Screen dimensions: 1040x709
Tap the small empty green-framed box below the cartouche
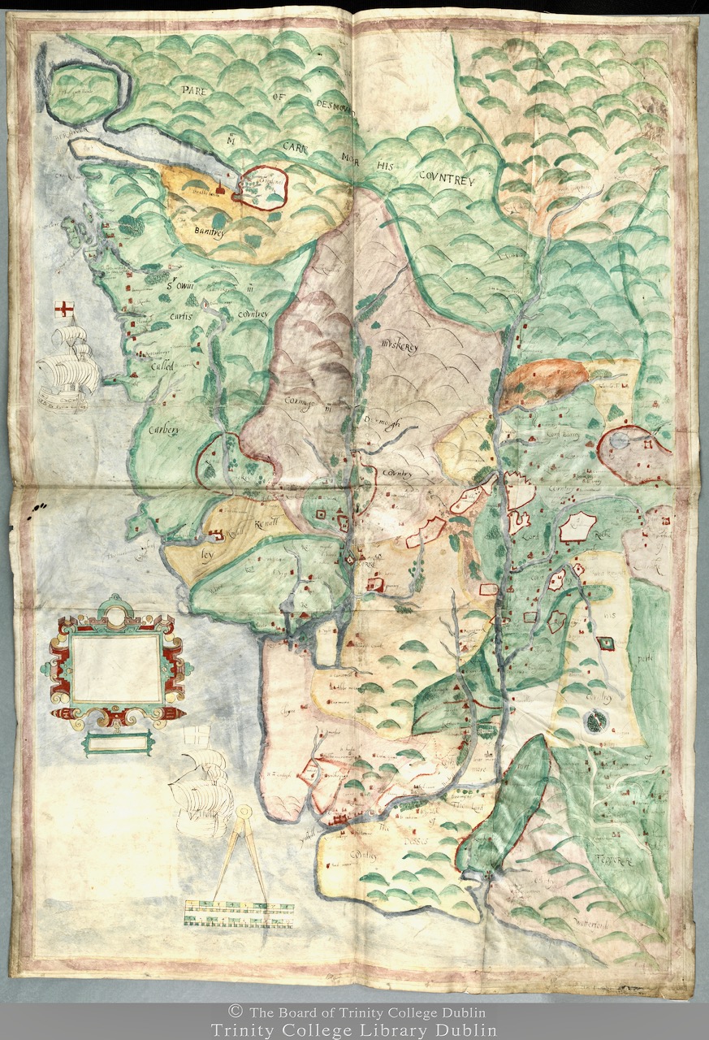[x=116, y=742]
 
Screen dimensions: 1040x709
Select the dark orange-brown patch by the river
[x=543, y=380]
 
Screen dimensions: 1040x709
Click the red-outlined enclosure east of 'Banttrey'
[x=265, y=188]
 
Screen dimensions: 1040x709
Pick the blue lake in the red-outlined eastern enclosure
[x=620, y=441]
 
